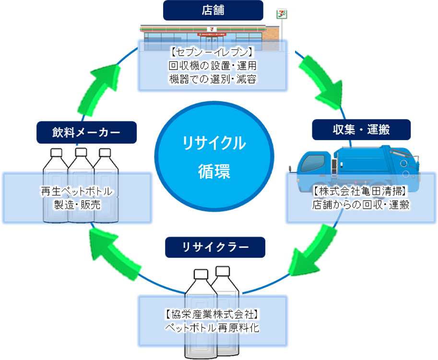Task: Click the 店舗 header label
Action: tap(213, 10)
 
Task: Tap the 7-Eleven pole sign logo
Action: tap(279, 13)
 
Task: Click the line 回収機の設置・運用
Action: tap(213, 65)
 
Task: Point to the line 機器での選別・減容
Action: tap(213, 78)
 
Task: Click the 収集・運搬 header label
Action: tap(361, 129)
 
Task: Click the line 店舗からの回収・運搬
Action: tap(361, 205)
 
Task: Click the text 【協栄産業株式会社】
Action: tap(213, 315)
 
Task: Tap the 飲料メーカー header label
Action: tap(80, 132)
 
